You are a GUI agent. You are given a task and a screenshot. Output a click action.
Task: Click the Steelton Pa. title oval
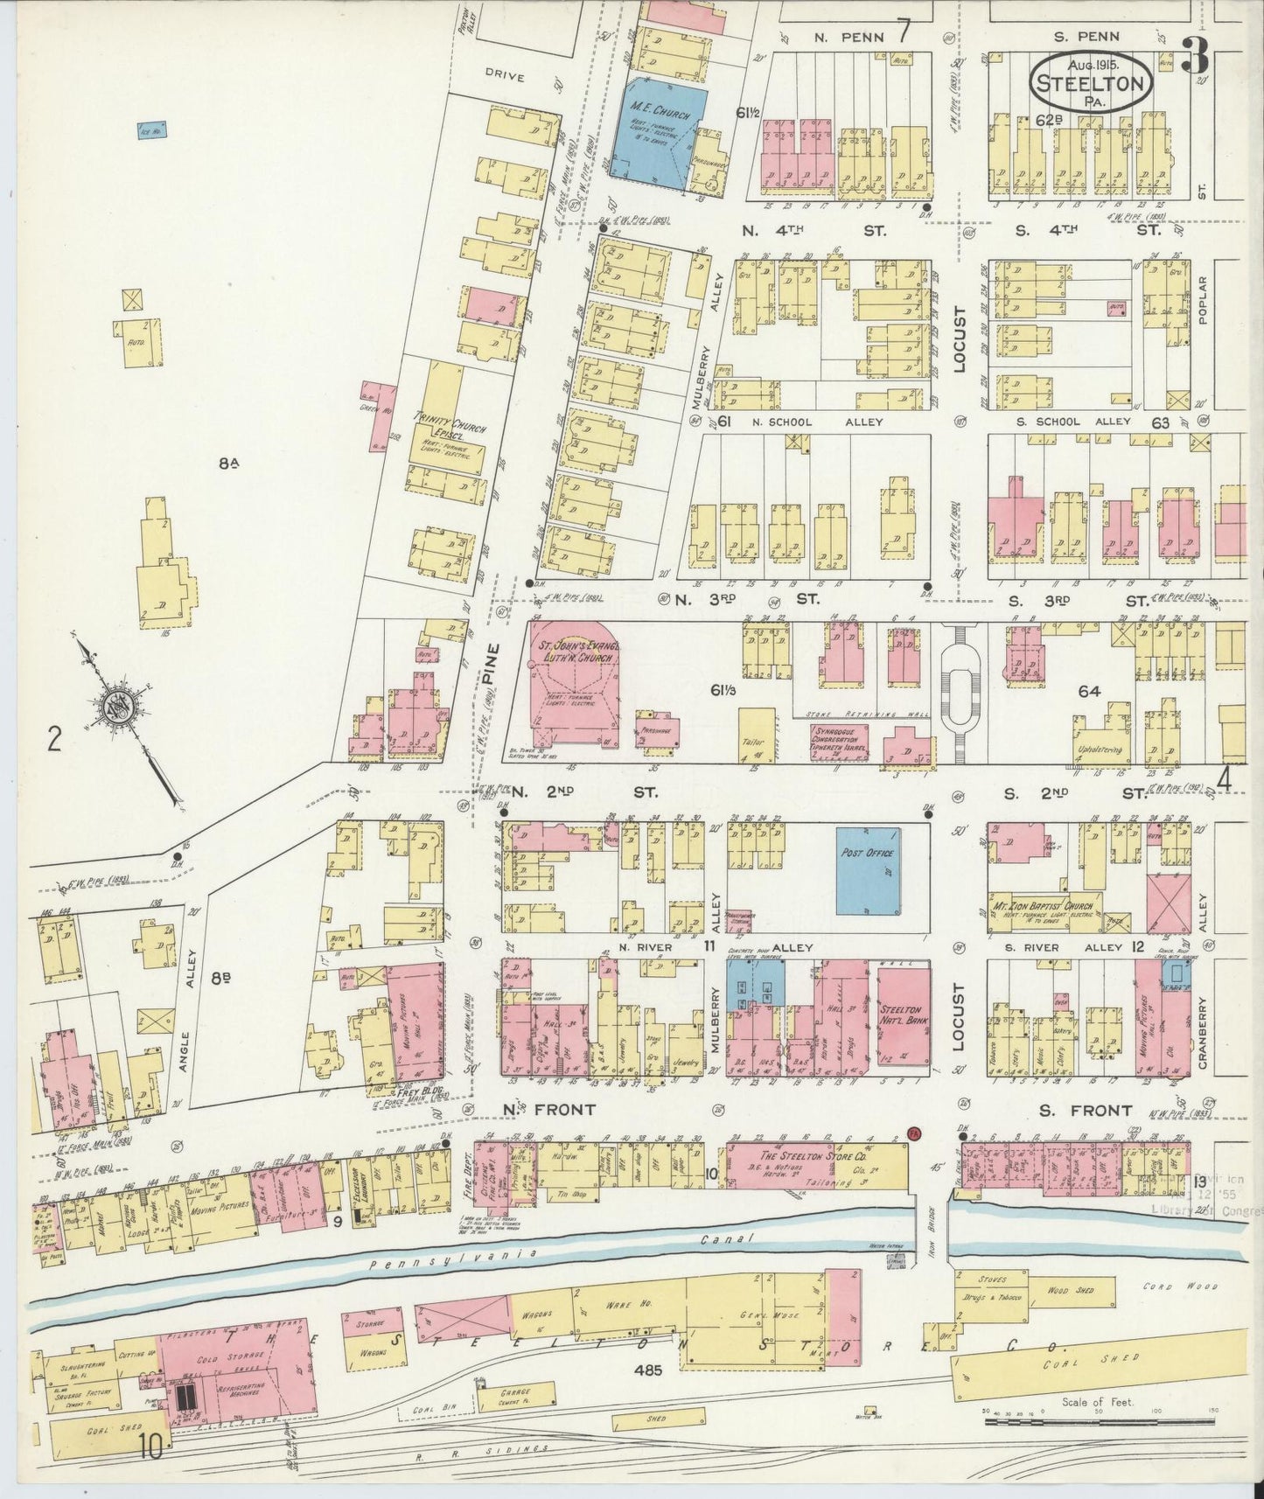[1089, 84]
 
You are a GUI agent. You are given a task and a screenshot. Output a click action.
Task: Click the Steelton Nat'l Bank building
[901, 1015]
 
